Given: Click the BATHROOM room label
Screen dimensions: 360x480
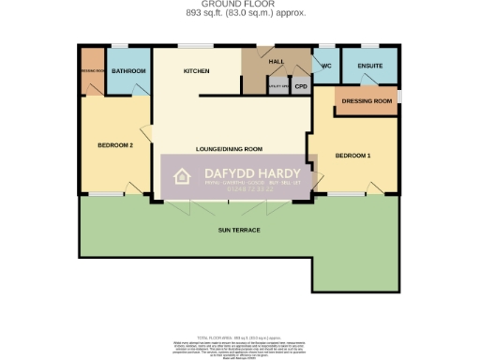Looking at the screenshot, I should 127,71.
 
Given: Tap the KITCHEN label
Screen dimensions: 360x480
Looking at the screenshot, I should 196,71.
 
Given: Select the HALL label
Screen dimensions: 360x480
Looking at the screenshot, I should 277,62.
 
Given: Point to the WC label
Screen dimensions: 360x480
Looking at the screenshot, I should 326,67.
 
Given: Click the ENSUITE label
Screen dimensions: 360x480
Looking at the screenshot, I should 368,67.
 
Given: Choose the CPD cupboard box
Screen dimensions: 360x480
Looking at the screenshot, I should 301,86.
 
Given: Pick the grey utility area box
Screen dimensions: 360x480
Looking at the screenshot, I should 277,86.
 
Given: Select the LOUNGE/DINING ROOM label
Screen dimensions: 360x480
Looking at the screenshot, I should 229,149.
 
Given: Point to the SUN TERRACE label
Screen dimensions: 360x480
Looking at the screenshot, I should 239,230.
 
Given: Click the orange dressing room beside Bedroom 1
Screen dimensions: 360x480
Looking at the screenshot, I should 366,100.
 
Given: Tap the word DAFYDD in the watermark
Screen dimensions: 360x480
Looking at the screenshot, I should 225,172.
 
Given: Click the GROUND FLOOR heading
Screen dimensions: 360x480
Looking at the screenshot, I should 240,5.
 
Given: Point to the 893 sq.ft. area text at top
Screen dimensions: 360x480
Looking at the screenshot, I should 240,13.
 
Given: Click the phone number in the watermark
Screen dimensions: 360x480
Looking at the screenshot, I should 250,189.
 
